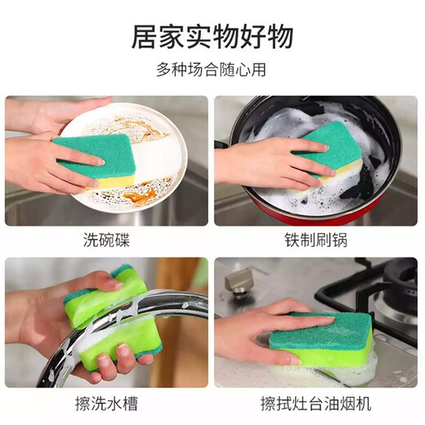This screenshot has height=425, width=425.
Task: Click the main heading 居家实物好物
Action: click(x=212, y=38)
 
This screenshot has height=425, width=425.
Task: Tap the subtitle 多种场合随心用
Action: click(x=212, y=70)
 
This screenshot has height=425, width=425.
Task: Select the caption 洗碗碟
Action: click(x=106, y=240)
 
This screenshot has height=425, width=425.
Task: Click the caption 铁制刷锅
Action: click(x=317, y=240)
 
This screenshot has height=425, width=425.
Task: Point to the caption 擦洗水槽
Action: click(x=106, y=403)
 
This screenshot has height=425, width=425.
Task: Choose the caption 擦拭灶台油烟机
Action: click(x=317, y=403)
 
